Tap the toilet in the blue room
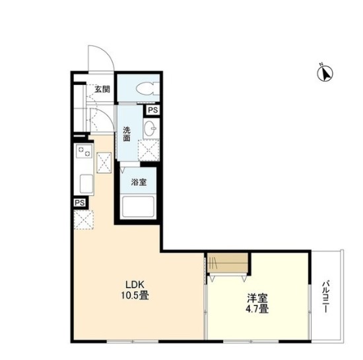(148, 89)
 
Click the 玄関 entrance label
(102, 89)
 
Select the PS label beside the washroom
(153, 110)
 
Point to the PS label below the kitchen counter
(79, 203)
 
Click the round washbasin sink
(151, 128)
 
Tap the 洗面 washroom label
(127, 134)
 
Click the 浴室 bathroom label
(139, 182)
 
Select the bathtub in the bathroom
(138, 207)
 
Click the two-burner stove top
(84, 152)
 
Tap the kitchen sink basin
(86, 184)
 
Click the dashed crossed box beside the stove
(104, 163)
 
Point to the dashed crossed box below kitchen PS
(84, 220)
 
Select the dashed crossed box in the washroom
(148, 150)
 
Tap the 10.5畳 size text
(135, 295)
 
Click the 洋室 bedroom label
(257, 298)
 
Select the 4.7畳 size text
(257, 309)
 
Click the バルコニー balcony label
(326, 297)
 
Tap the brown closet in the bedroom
(228, 262)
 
